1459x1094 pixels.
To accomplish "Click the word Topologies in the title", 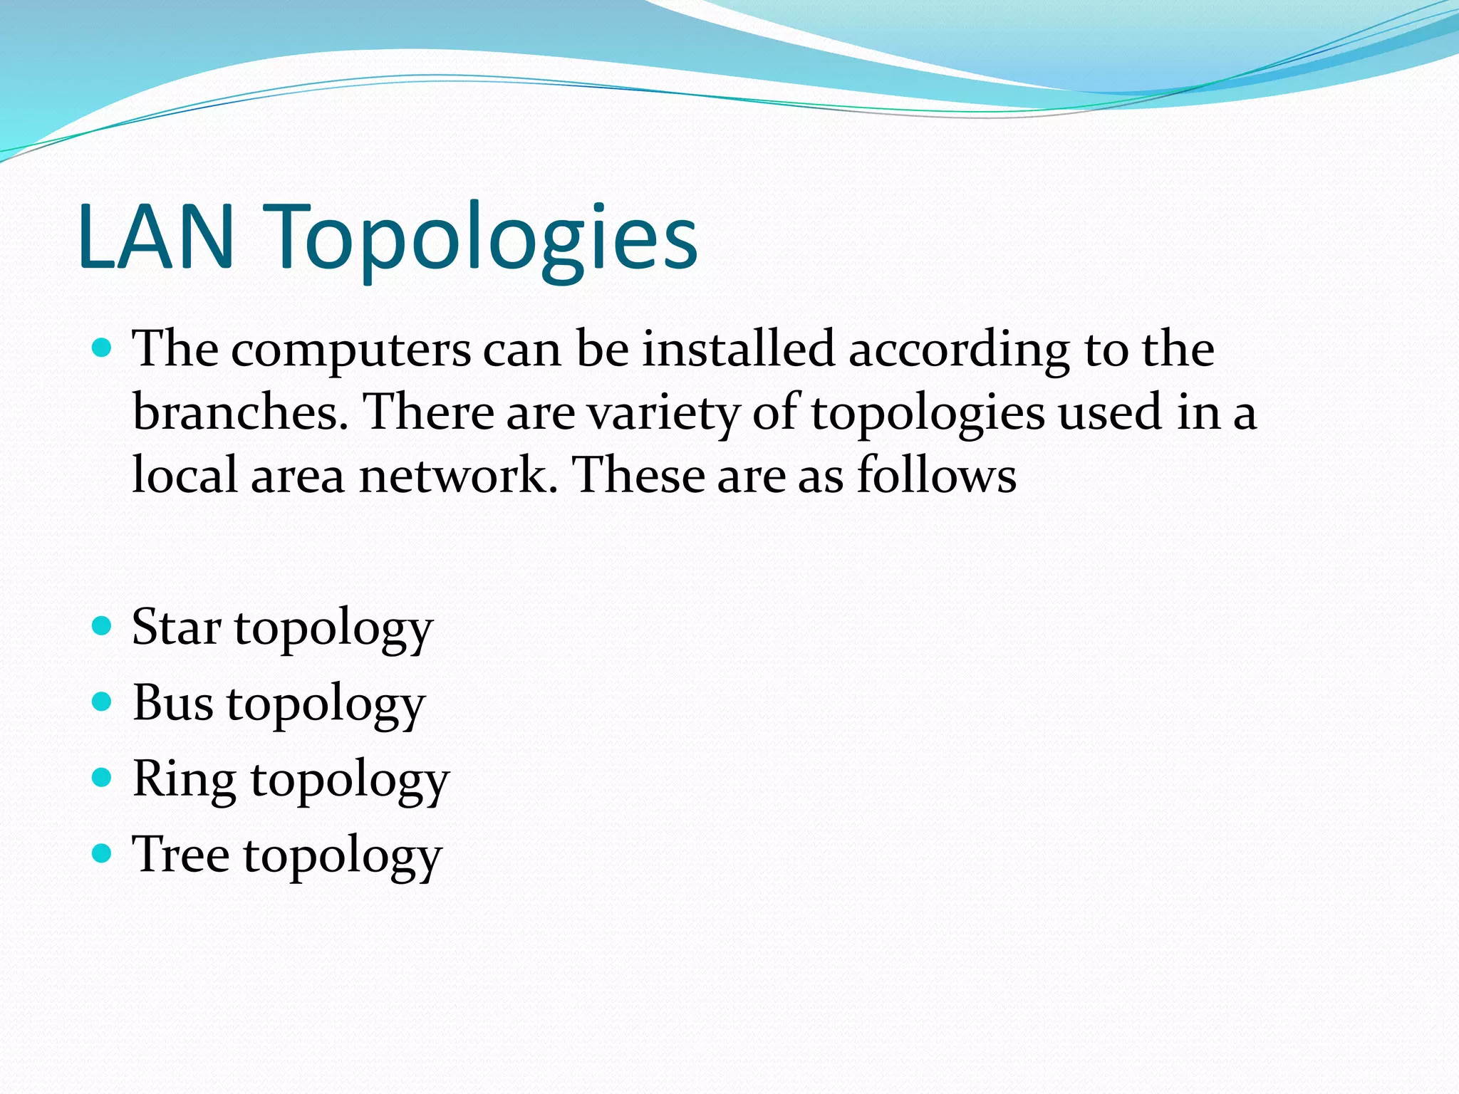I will (x=484, y=239).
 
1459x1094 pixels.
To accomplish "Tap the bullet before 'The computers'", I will (x=103, y=348).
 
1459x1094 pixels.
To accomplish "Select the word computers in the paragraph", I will (x=351, y=350).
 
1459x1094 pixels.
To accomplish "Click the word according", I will (x=959, y=350).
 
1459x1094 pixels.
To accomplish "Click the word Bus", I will (x=172, y=703).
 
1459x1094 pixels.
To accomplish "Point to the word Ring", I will (x=184, y=779).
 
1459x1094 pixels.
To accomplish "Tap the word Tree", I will (x=180, y=854).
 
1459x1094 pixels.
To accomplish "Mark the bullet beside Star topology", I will (x=103, y=626).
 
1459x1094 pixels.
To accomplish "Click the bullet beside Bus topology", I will (x=103, y=702).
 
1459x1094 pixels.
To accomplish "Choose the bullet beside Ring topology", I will (x=103, y=777).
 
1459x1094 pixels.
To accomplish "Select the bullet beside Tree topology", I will (x=103, y=853).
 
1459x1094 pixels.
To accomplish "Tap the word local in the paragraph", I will (x=185, y=475).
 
